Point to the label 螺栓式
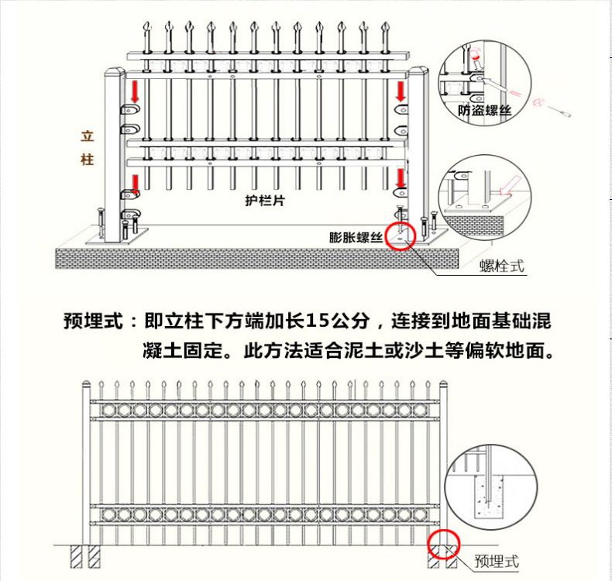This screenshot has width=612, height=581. pyautogui.click(x=502, y=266)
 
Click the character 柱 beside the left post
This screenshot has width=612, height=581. pyautogui.click(x=87, y=160)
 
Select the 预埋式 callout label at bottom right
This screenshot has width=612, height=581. pyautogui.click(x=496, y=561)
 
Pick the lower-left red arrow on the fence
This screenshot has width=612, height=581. pyautogui.click(x=135, y=184)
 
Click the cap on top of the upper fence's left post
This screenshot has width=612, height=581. pyautogui.click(x=113, y=74)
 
